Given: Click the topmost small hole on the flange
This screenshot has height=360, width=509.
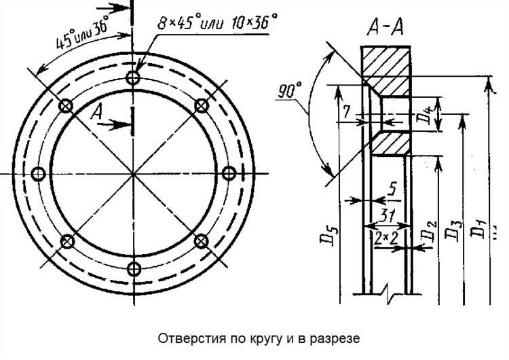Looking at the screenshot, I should [133, 78].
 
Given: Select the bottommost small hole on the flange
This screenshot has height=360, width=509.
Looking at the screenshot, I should [134, 269].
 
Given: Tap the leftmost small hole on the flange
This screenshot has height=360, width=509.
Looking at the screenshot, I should [39, 174].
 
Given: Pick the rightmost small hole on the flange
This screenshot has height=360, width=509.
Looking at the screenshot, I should [229, 174].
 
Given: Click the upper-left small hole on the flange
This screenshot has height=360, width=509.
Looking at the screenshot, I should [66, 106].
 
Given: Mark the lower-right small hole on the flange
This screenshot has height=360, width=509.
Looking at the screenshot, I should [201, 241].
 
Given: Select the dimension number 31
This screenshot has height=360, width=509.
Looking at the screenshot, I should [387, 215].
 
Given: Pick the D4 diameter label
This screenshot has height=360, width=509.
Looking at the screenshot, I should [422, 115].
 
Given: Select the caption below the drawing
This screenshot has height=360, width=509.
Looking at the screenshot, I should [254, 338].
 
